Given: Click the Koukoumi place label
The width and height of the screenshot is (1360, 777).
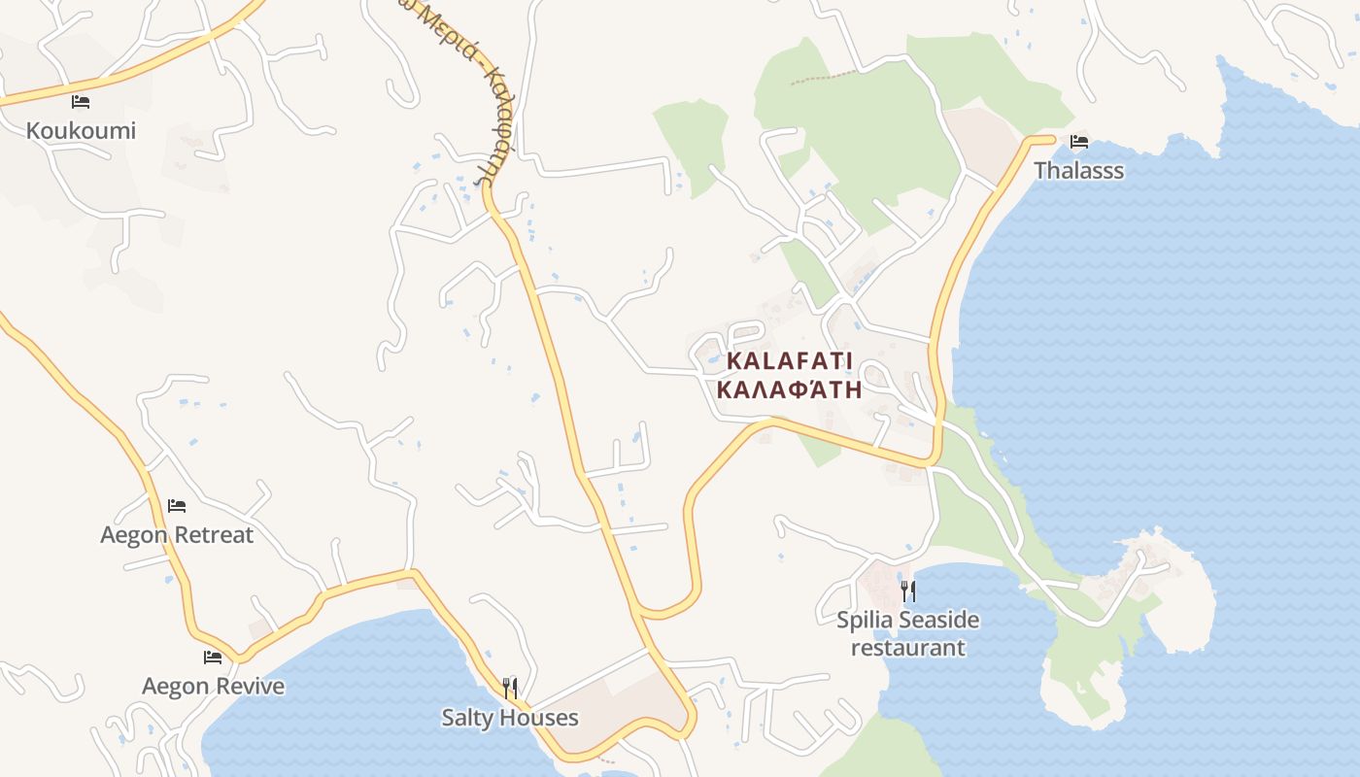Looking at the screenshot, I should tap(81, 130).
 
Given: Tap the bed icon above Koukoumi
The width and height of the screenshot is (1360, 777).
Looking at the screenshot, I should tap(81, 101).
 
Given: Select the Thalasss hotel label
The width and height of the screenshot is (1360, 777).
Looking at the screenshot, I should tap(1078, 171).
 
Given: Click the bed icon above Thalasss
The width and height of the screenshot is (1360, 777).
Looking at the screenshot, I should tap(1078, 142).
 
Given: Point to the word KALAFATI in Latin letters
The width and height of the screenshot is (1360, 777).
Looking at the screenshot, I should tap(789, 361).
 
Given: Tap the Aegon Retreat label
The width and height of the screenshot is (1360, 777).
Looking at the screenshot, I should tap(177, 535).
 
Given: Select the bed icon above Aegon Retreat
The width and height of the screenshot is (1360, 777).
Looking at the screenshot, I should tap(177, 506).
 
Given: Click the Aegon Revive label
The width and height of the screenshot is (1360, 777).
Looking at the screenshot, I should tap(213, 687).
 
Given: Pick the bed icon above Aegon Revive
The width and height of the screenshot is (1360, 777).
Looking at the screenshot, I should tap(213, 658).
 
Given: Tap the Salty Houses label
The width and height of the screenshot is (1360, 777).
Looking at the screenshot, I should tap(510, 718).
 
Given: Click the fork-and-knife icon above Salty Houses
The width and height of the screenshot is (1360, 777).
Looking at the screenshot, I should tap(510, 689).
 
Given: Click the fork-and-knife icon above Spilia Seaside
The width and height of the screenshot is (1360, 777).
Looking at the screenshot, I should tap(908, 591).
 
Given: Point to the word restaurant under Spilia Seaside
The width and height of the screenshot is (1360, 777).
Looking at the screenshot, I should tap(908, 647).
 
